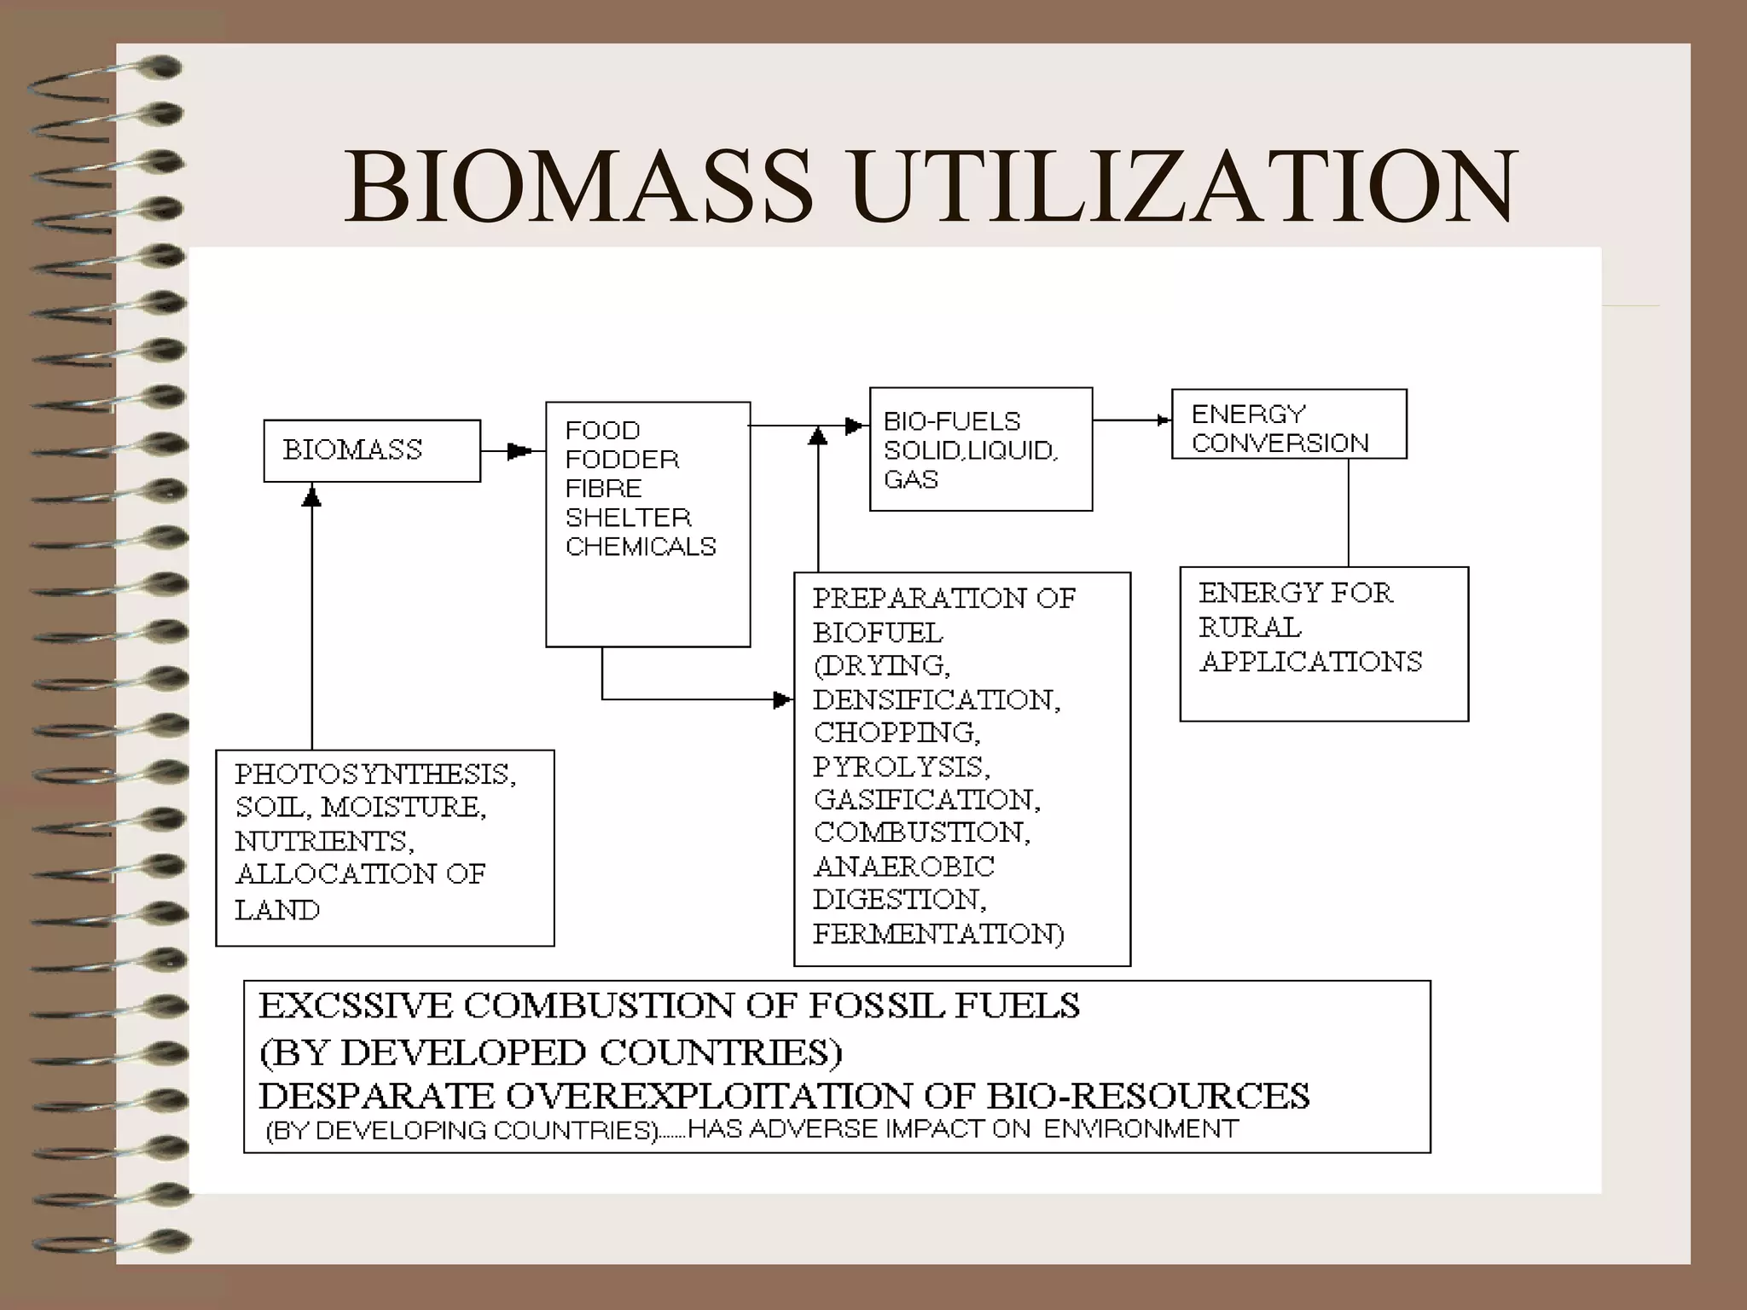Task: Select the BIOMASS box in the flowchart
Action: point(372,450)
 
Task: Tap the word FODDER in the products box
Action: point(622,460)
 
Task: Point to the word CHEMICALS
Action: point(641,547)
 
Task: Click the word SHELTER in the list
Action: point(628,518)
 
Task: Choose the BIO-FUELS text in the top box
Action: point(952,421)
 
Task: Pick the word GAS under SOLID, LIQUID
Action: point(911,479)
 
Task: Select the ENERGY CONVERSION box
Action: point(1288,425)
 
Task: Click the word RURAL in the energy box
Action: point(1251,628)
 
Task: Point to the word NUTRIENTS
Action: point(324,842)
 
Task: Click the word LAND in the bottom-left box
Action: point(277,910)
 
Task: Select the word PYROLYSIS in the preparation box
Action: point(901,767)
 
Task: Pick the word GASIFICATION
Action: point(926,800)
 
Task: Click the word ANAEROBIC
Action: point(904,867)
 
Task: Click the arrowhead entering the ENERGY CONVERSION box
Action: point(1164,420)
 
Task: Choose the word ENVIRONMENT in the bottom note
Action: point(1140,1129)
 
